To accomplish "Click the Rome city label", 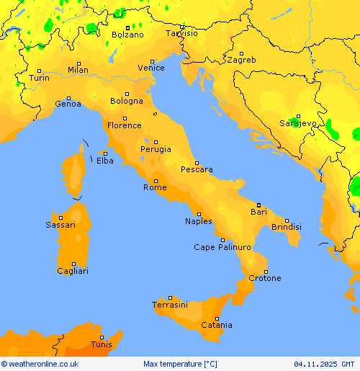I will (155, 187).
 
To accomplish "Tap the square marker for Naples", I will (199, 213).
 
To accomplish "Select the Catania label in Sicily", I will (216, 326).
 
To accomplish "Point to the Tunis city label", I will (102, 345).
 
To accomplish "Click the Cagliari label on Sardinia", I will (73, 271).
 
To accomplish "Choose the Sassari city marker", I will (61, 217).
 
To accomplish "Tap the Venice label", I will (151, 68).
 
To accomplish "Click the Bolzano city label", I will (127, 35).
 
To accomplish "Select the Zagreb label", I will (240, 60).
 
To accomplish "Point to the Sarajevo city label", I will (297, 123).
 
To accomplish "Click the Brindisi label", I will (286, 227).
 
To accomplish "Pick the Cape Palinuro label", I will (222, 247).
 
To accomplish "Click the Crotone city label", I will (264, 278).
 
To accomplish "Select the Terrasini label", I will (170, 305).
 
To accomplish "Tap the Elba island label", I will (104, 161).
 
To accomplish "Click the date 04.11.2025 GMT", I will (324, 365).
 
